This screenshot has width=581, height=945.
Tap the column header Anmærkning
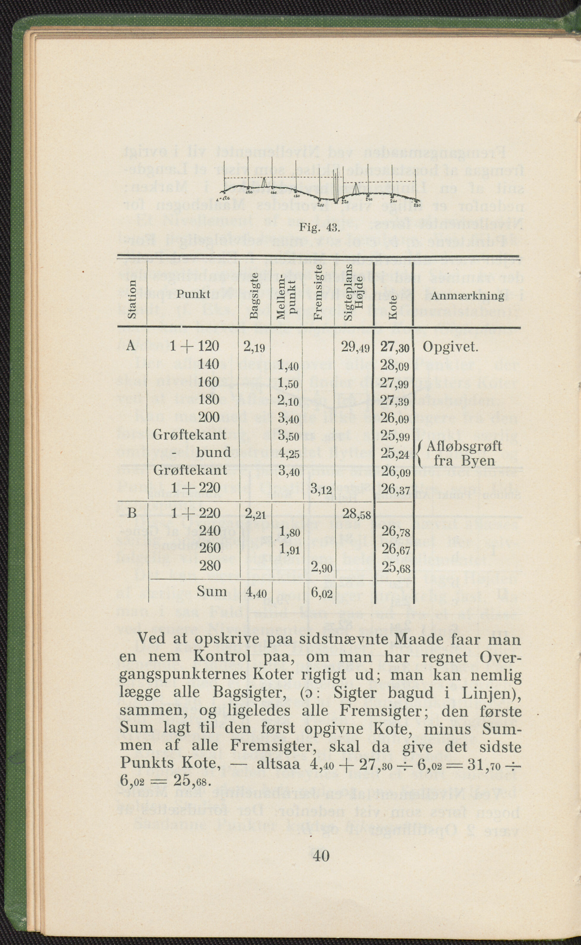[x=467, y=295]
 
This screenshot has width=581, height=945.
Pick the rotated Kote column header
[x=393, y=307]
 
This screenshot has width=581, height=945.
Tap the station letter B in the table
[x=131, y=513]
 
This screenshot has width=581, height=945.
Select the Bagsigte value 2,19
[x=254, y=347]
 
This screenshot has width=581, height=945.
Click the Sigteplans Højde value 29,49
[x=355, y=348]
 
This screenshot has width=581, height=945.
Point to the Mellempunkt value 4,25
[x=288, y=453]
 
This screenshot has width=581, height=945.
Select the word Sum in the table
[x=211, y=591]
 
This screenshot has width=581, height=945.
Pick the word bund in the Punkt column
[x=213, y=452]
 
